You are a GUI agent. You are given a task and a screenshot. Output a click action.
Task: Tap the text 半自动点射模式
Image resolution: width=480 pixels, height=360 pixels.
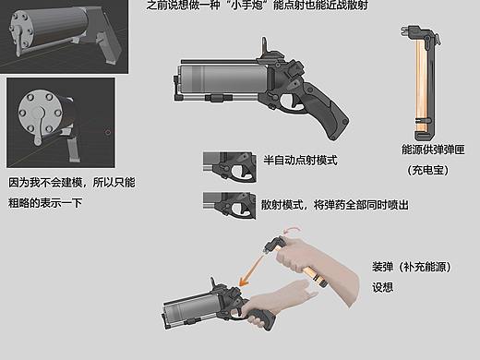300,160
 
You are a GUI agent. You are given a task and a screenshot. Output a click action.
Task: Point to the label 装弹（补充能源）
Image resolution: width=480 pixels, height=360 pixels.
410,268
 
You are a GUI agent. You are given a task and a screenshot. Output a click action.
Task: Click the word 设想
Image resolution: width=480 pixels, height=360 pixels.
383,287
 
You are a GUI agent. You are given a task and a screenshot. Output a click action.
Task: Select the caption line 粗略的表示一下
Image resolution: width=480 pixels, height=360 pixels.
45,203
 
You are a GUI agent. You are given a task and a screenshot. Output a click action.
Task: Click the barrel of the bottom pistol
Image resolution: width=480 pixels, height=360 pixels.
190,313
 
